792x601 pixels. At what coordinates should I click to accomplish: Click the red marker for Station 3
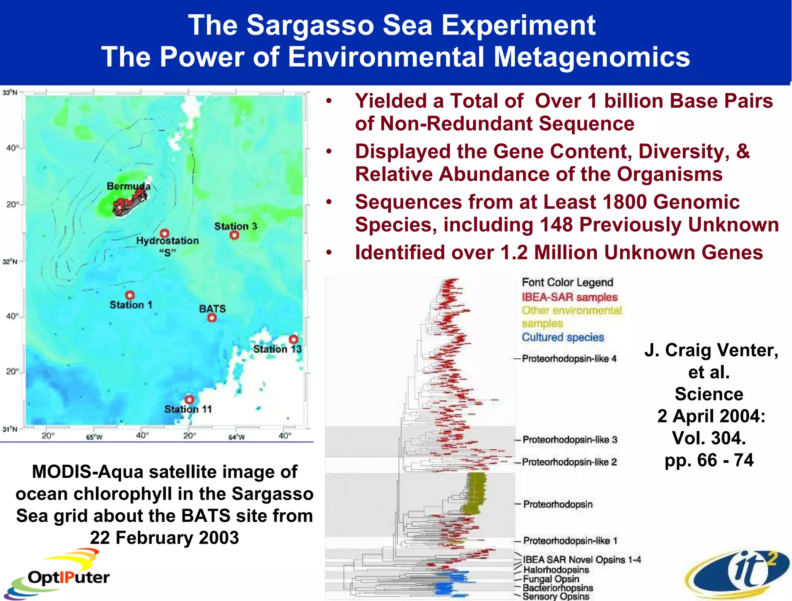[234, 235]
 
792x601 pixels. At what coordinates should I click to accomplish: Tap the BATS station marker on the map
[212, 318]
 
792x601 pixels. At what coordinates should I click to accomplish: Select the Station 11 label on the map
[188, 409]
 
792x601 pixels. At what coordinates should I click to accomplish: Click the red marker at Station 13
[294, 339]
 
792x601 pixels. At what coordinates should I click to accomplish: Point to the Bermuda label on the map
[128, 186]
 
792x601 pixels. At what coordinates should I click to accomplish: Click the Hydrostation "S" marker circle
[165, 233]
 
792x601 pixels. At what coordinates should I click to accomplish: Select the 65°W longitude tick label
[94, 437]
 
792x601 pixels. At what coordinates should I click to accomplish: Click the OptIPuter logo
[58, 575]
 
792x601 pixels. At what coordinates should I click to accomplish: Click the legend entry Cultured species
[563, 337]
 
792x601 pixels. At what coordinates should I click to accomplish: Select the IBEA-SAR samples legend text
[569, 297]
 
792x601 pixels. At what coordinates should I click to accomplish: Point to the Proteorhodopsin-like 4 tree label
[569, 359]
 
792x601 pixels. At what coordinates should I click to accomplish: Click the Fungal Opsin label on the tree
[551, 579]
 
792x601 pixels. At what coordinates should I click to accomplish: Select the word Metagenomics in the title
[591, 57]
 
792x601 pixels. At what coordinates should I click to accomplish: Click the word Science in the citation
[709, 394]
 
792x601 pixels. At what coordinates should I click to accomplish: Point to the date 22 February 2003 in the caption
[164, 538]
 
